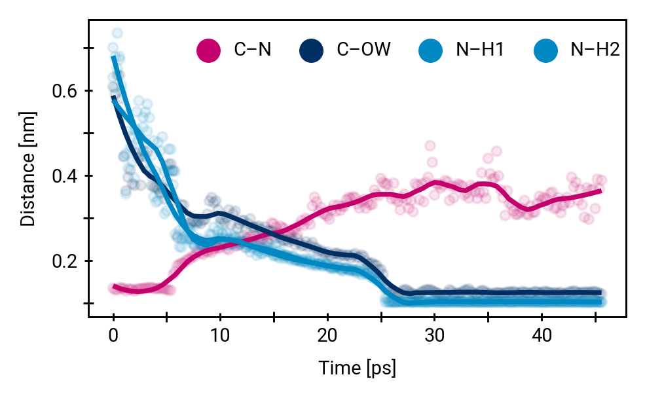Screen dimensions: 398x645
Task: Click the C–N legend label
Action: tap(253, 50)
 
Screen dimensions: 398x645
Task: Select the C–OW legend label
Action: tap(364, 50)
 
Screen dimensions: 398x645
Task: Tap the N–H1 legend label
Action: tap(480, 50)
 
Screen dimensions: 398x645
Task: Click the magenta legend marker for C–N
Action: tap(209, 50)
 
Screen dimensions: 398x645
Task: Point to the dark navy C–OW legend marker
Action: tap(312, 50)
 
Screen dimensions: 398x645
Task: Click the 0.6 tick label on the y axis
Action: tap(64, 91)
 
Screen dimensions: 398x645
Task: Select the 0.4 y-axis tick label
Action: tap(64, 176)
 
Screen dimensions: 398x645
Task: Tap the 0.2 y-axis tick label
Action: tap(64, 261)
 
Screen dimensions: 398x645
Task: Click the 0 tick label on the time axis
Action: tap(113, 336)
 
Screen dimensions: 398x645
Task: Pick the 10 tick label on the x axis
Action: tap(220, 336)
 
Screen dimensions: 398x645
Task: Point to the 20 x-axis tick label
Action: tap(327, 336)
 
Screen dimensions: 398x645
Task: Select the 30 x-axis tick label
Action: tap(434, 336)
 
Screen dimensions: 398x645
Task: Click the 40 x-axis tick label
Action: tap(542, 336)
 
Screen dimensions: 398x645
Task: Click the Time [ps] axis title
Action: tap(357, 368)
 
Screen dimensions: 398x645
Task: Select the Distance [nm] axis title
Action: tap(28, 169)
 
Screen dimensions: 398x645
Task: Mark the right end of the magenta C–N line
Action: tap(600, 190)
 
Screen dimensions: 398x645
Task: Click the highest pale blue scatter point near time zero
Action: tap(117, 33)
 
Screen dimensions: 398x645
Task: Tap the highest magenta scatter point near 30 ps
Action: tap(430, 145)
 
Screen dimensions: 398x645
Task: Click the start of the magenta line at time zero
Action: tap(114, 286)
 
